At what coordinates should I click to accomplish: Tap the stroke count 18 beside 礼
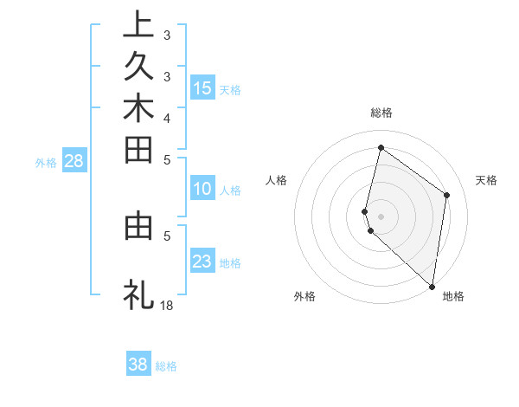click(x=166, y=305)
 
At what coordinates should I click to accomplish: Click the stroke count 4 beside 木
click(x=166, y=117)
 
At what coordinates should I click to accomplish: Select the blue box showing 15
click(x=202, y=87)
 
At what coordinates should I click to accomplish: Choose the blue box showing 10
click(x=202, y=189)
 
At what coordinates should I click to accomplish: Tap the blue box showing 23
click(x=202, y=262)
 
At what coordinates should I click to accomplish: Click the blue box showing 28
click(x=74, y=160)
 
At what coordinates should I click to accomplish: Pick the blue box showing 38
click(x=138, y=365)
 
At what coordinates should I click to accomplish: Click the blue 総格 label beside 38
click(x=166, y=366)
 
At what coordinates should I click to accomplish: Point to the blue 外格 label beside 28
click(x=46, y=162)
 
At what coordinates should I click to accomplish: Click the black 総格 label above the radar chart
click(x=381, y=113)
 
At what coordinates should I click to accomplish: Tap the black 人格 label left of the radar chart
click(x=277, y=180)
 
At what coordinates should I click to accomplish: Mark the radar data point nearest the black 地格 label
click(x=432, y=287)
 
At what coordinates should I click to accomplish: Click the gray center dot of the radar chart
click(x=381, y=216)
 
